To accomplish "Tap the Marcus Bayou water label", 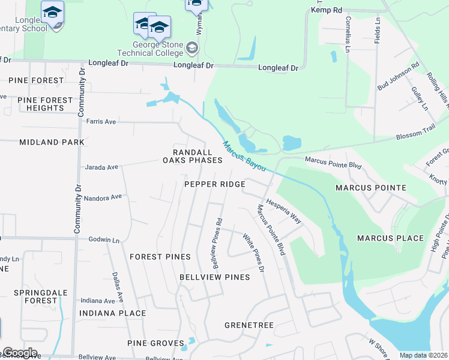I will point(244,157).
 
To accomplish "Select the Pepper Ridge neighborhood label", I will point(215,184).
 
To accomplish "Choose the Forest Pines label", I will point(160,257).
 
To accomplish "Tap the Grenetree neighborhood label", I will point(249,325).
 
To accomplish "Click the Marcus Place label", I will point(391,238).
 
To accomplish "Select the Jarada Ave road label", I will point(101,167).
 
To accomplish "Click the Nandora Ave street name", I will point(103,197).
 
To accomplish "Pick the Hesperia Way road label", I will point(284,212).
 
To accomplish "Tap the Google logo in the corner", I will point(20,353).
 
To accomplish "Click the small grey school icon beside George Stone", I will point(192,47).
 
